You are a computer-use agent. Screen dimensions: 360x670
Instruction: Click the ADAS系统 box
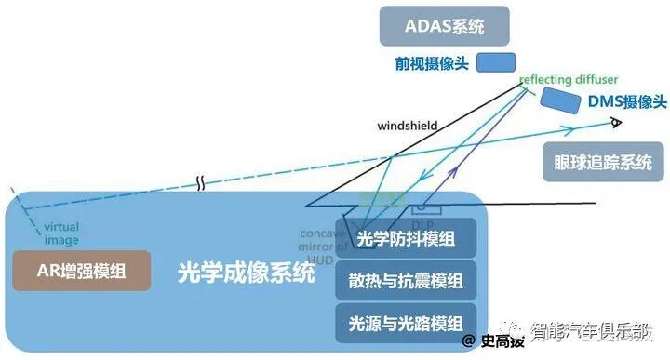point(445,26)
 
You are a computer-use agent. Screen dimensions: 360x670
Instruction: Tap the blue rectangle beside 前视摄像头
point(496,63)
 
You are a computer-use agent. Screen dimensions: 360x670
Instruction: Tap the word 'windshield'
point(407,125)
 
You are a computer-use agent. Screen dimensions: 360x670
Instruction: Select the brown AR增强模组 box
point(81,272)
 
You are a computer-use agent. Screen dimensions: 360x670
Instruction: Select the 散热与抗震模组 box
point(406,281)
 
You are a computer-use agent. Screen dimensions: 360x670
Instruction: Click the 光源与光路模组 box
point(406,323)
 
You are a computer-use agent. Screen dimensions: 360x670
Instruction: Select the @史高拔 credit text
point(492,341)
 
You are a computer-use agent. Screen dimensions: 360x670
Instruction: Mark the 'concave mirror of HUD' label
point(323,244)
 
